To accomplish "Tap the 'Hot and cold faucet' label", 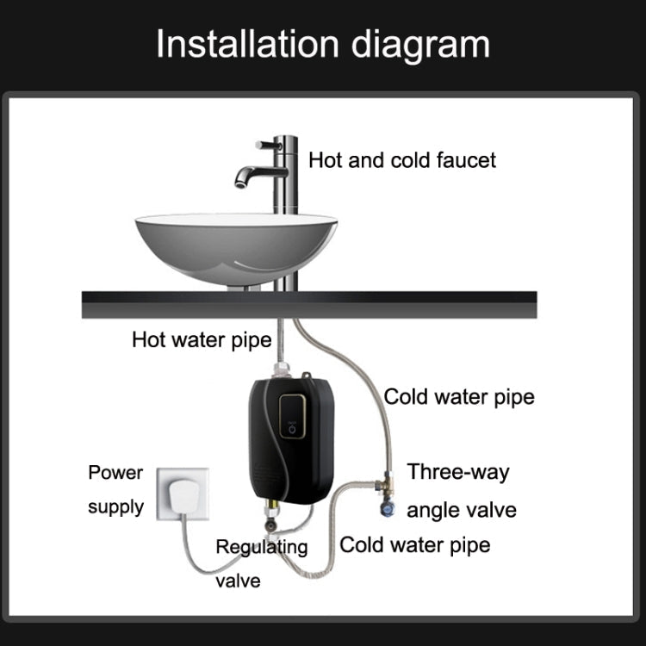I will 402,160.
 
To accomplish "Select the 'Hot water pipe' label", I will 202,339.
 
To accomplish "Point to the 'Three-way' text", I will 458,472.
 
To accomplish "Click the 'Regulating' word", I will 261,547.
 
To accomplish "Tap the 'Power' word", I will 115,473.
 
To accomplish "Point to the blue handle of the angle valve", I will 386,510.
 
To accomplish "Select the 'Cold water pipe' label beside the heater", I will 459,397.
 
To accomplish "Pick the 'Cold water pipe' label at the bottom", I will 415,544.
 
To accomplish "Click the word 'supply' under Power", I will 115,506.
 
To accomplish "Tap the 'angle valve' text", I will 462,510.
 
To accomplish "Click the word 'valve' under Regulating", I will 238,581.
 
